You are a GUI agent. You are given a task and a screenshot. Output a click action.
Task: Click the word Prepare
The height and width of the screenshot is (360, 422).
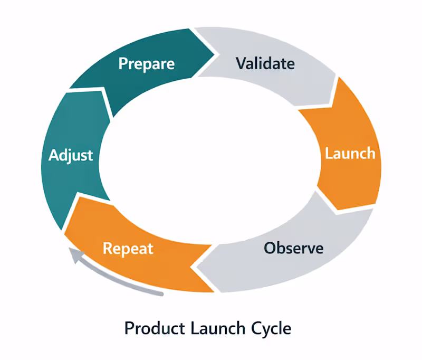coord(146,64)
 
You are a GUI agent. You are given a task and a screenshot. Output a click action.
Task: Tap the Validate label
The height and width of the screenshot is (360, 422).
coord(265,64)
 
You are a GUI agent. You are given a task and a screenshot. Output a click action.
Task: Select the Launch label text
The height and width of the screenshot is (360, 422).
coord(350,154)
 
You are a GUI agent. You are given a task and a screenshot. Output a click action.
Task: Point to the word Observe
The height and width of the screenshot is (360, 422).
coord(293,247)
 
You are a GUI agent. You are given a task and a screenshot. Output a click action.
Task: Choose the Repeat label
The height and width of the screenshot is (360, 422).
coord(128,248)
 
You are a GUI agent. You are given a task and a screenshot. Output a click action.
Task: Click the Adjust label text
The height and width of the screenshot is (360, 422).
coord(71,155)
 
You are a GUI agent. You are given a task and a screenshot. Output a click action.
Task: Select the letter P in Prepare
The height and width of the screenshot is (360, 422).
coord(123,64)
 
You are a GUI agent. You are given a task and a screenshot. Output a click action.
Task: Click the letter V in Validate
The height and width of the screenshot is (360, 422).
coord(241,64)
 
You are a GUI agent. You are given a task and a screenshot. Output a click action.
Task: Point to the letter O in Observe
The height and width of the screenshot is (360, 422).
coord(270,247)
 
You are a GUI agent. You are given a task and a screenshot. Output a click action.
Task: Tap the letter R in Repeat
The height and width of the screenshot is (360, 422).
coord(108,248)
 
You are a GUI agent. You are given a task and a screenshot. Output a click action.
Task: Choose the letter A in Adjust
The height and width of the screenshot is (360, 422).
coord(53,155)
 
